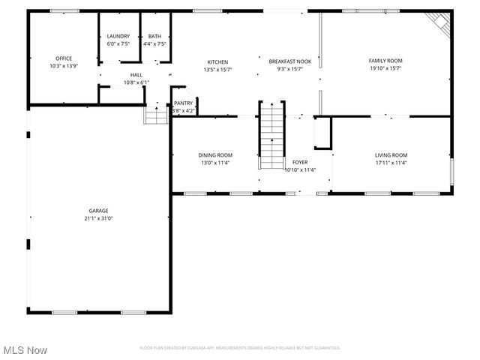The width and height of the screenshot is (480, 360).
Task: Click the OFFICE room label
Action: coord(64,58)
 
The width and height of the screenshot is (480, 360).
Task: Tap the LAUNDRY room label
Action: coord(118,36)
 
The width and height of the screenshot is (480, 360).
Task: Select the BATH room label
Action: coord(154,36)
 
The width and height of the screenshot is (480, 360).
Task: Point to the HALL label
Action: coord(136,75)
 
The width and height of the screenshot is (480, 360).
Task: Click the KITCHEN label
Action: coord(218,62)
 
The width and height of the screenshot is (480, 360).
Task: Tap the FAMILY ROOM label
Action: coord(385,60)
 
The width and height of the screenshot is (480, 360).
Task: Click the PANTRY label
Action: coord(184,103)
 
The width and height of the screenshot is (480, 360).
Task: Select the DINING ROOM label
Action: coord(215,155)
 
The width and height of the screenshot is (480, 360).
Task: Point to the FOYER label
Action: coord(300,162)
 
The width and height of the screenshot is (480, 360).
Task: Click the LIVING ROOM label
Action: coord(391,155)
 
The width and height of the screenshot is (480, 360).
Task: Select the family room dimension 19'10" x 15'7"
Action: coord(385,68)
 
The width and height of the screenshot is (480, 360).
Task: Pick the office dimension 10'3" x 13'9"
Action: coord(64,66)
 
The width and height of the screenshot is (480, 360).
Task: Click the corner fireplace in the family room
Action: coord(440,22)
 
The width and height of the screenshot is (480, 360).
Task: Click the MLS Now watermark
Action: coord(25,350)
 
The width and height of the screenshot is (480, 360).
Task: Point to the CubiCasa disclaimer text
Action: coord(240,348)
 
